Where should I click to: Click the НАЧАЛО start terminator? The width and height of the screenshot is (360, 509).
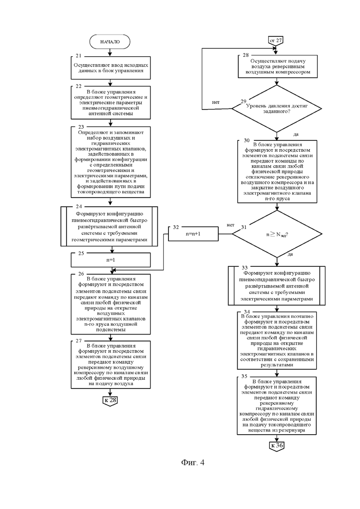110,42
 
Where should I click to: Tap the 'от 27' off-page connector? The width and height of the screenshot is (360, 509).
276,41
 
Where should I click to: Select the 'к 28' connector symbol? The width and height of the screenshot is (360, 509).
110,400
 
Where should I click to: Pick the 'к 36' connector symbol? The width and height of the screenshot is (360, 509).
277,445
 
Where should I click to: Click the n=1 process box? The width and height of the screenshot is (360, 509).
111,260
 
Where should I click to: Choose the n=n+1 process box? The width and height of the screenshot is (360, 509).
193,234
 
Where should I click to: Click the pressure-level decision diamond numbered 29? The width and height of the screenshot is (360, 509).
276,108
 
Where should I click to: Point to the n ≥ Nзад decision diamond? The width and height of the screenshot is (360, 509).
277,234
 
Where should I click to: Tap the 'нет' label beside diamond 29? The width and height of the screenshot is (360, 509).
216,102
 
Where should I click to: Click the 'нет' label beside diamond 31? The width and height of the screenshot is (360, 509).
230,225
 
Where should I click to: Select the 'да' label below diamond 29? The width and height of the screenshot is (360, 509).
296,134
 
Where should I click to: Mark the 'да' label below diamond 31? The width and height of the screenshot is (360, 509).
290,254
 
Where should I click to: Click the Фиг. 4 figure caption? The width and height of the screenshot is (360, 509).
193,462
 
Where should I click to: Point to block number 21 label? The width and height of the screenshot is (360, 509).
78,56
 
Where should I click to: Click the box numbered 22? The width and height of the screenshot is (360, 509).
111,102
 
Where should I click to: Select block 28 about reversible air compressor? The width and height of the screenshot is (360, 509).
277,66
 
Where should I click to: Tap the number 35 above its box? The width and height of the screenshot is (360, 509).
245,376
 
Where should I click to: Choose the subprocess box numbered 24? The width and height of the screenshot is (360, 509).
109,226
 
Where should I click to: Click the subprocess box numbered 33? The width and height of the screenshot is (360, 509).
276,286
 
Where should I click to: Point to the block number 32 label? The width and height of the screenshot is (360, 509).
176,227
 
